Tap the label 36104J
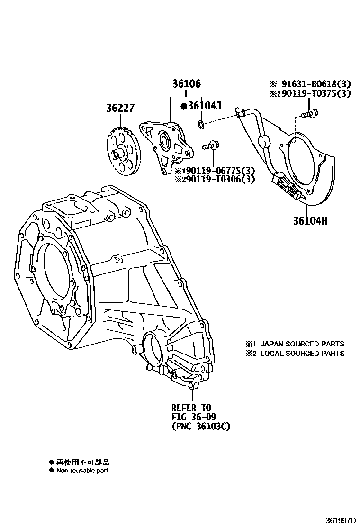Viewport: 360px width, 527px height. [x=204, y=106]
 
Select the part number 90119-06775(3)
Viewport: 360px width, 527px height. [x=218, y=171]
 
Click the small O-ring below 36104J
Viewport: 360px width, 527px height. [x=201, y=125]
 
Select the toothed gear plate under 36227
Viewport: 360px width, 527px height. [x=122, y=151]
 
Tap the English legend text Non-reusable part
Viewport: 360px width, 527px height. [x=82, y=471]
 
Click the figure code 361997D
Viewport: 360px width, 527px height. [x=341, y=520]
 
